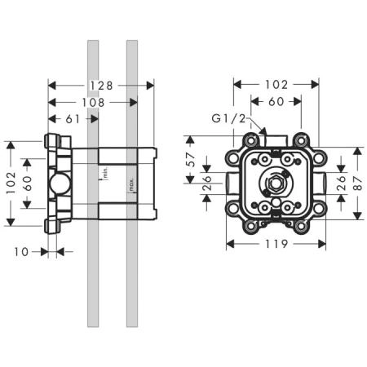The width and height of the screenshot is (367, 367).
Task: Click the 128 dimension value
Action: click(x=101, y=85)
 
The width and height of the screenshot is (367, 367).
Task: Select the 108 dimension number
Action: click(x=91, y=102)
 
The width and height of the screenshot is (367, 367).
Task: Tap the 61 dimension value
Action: click(x=73, y=119)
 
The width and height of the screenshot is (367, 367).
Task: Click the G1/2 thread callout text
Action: click(x=228, y=119)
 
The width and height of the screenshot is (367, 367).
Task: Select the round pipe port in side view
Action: click(x=58, y=184)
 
